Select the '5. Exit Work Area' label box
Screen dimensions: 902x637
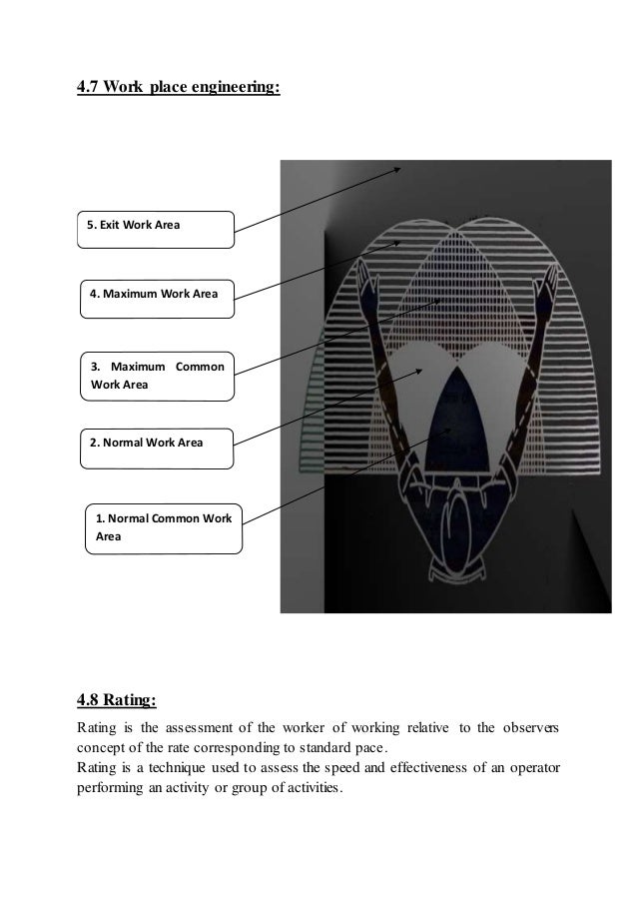tap(157, 229)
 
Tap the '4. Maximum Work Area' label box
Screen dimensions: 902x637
tap(157, 297)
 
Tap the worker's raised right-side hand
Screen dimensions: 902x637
tap(547, 287)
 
